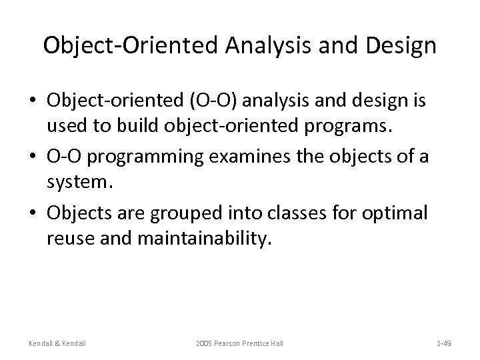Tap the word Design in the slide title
click(403, 46)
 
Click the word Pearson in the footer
click(231, 343)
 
